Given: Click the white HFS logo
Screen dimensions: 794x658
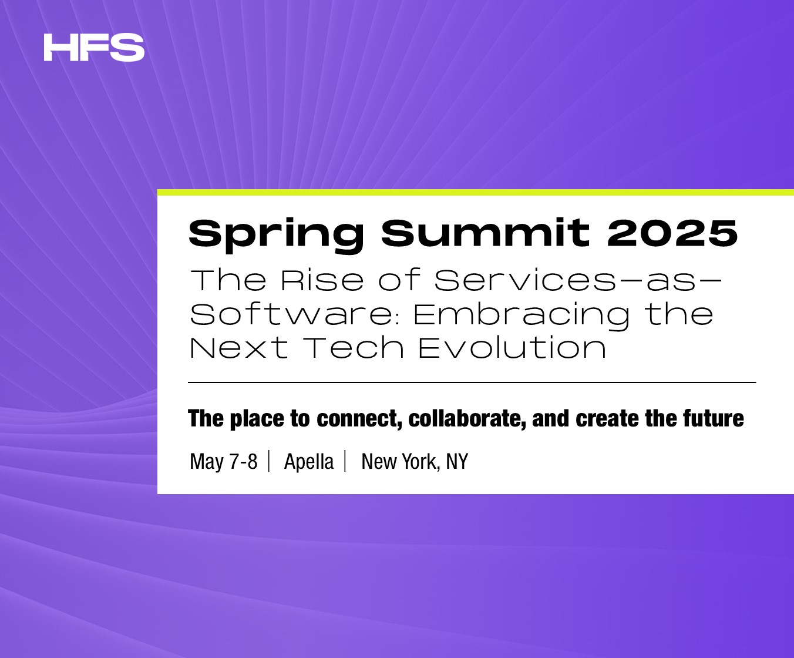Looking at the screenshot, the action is tap(94, 48).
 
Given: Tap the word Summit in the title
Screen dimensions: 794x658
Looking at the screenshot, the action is tap(486, 232).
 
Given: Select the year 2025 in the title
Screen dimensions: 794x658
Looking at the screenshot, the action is tap(672, 233).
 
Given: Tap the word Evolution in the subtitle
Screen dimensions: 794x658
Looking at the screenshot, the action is tap(512, 348).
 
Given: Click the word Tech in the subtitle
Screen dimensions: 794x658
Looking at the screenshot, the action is tap(354, 348).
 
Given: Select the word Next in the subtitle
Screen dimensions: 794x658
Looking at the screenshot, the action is tap(239, 348).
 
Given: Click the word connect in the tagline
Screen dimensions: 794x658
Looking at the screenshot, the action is tap(359, 419).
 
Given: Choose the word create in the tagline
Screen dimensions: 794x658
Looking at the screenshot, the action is tap(607, 419).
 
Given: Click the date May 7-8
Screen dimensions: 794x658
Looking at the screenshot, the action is tap(224, 462).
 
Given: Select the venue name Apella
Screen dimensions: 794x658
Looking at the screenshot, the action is tap(309, 462).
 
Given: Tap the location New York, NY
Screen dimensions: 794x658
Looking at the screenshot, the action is tap(415, 462).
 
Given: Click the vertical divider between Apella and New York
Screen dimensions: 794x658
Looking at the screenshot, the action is tap(345, 461).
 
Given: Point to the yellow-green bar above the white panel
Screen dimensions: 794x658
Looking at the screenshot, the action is tap(475, 193).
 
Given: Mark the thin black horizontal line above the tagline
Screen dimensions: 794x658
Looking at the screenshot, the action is tap(472, 382).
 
